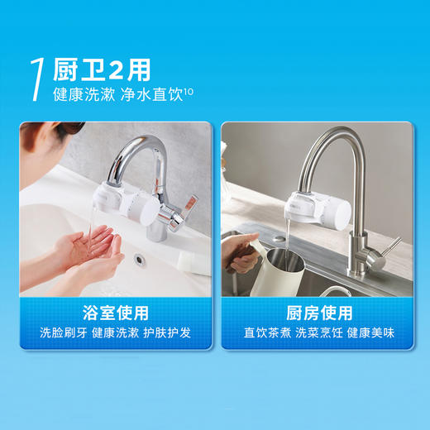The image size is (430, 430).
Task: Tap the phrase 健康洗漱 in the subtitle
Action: click(x=80, y=93)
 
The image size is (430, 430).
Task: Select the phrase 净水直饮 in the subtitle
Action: click(x=152, y=93)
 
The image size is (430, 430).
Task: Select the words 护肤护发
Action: click(x=173, y=335)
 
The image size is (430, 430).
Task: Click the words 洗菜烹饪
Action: click(x=319, y=335)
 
